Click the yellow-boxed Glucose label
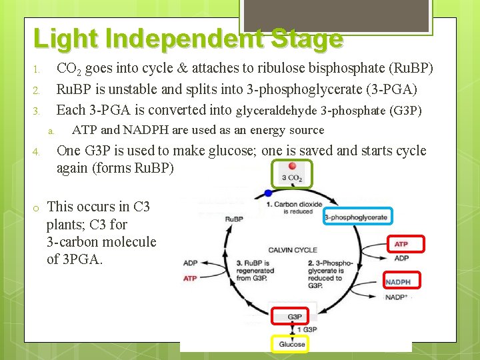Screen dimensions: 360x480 [x=291, y=344]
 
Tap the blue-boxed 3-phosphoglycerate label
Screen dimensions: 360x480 [x=356, y=217]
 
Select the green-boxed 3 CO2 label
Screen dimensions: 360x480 [x=291, y=177]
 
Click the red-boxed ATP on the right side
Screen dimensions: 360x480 [x=401, y=244]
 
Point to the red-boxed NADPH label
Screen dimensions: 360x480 [x=398, y=282]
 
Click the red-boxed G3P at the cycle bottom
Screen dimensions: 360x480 [x=294, y=316]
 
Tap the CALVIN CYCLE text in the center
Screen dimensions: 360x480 [x=293, y=250]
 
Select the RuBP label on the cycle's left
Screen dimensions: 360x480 [x=234, y=219]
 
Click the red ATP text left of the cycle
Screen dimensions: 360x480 [x=190, y=278]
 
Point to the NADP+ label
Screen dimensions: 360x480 [x=397, y=297]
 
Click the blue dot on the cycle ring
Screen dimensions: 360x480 [x=268, y=193]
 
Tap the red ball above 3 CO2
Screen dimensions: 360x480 [x=292, y=165]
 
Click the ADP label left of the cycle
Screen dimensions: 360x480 [x=190, y=263]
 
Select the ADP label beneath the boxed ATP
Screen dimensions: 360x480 [x=401, y=258]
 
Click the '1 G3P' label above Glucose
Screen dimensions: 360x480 [x=307, y=330]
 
